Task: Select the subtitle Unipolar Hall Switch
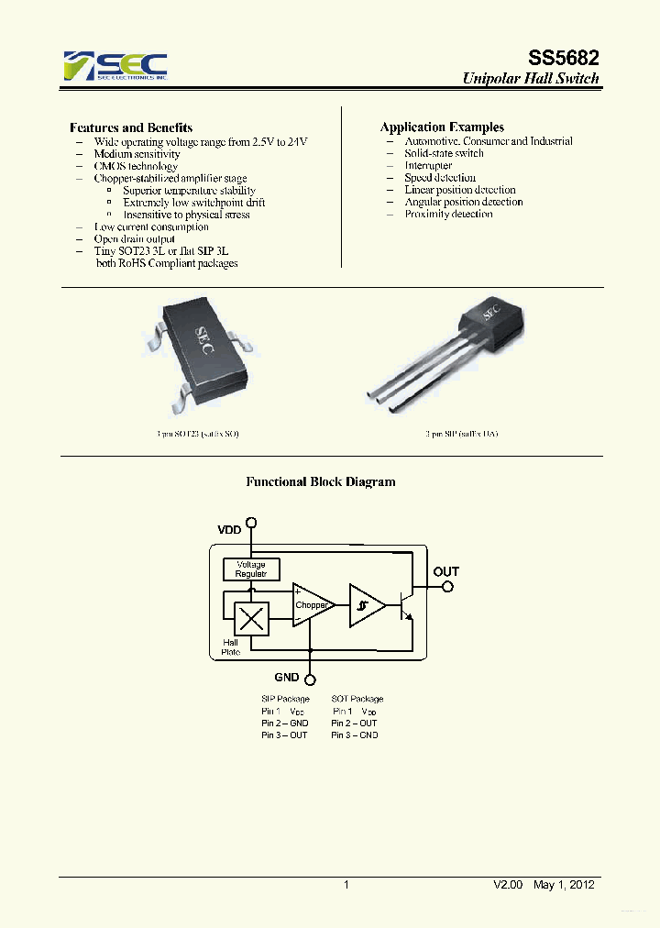(x=531, y=79)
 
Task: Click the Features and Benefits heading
(x=131, y=127)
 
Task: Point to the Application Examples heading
(x=442, y=127)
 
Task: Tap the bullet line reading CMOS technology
(x=136, y=166)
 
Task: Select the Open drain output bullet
(x=134, y=238)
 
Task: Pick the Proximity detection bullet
(x=448, y=214)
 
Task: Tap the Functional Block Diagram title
(x=320, y=481)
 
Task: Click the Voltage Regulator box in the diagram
(x=251, y=569)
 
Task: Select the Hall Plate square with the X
(x=250, y=619)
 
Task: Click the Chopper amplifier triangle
(x=311, y=605)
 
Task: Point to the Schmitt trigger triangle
(x=364, y=605)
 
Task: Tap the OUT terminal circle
(x=446, y=587)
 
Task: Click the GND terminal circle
(x=311, y=679)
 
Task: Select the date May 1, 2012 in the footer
(x=564, y=885)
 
